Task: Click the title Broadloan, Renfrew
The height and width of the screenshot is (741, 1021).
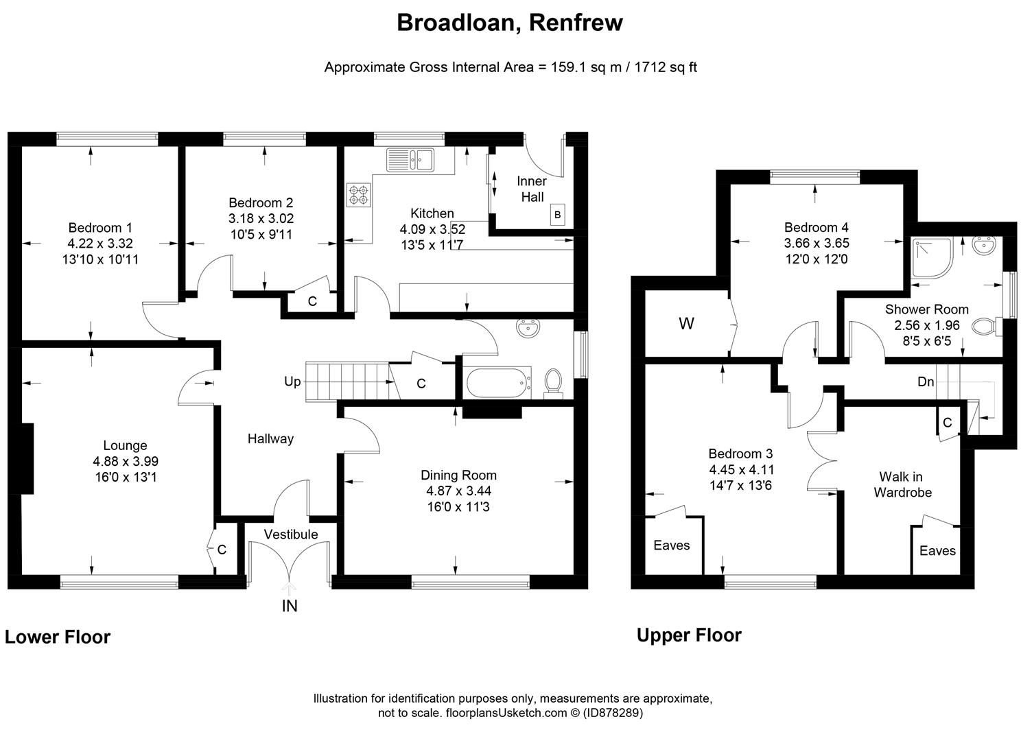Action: pos(510,23)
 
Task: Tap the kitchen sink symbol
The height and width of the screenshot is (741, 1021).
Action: pos(410,160)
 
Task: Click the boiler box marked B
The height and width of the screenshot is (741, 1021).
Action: pos(557,215)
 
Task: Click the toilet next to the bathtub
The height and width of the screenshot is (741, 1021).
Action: pos(553,381)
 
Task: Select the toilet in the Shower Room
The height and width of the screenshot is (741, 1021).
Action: pos(987,327)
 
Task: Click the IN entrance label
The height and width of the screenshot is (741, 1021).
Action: pos(290,607)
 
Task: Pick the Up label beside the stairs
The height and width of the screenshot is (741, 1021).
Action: pos(292,381)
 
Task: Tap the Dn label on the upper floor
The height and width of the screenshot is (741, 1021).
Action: pos(926,381)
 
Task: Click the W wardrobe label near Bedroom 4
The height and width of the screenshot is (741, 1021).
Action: pos(686,324)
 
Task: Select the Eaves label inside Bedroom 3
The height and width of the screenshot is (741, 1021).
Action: pos(671,545)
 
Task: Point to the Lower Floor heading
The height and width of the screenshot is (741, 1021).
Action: pos(58,637)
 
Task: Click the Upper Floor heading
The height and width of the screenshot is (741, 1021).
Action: pos(689,635)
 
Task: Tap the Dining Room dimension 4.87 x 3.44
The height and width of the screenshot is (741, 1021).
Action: pos(458,491)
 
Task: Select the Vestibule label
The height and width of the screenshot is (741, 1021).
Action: pos(291,534)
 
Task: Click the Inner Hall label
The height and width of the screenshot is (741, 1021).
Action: pos(532,189)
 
